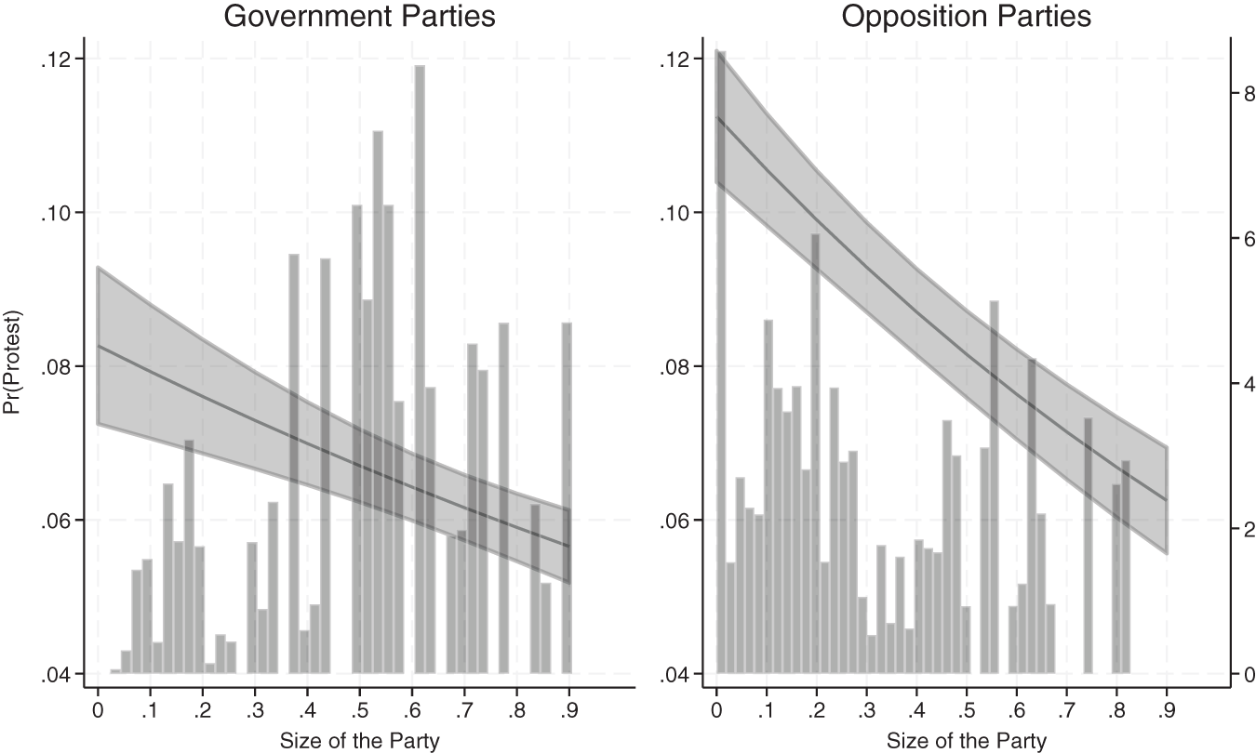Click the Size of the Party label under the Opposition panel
[967, 741]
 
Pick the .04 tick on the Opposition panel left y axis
[677, 673]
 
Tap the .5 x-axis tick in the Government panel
[356, 711]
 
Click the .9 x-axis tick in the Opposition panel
[1166, 711]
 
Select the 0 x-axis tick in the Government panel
[98, 711]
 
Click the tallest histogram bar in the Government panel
[420, 372]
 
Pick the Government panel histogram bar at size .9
[567, 502]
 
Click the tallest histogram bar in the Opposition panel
[720, 372]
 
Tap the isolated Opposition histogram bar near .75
[1088, 548]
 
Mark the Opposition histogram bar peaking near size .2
[815, 456]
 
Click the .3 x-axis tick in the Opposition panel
[866, 711]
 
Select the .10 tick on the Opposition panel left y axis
[677, 213]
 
